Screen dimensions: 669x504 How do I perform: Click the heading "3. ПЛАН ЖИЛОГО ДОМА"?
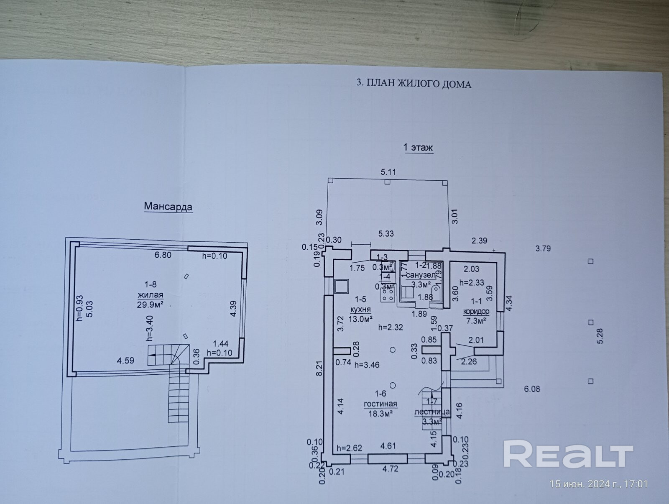[414, 84]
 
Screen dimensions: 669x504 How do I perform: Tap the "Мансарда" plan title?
[168, 206]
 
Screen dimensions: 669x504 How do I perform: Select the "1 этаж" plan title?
[418, 147]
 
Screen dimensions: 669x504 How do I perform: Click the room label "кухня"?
[360, 310]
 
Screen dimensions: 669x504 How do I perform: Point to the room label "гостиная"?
[380, 404]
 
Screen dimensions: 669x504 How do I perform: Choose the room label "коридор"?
[476, 312]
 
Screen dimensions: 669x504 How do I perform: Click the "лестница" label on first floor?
[432, 412]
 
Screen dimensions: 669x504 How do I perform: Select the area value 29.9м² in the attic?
[150, 304]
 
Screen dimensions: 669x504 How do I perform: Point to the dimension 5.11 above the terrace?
[388, 172]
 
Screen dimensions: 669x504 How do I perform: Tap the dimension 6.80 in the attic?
[163, 255]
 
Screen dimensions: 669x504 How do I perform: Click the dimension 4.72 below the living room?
[390, 468]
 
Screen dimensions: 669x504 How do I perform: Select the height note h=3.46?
[367, 365]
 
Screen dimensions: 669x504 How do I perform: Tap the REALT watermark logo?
[568, 454]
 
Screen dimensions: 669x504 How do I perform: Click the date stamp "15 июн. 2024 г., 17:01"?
[598, 484]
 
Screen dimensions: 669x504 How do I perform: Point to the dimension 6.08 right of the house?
[532, 389]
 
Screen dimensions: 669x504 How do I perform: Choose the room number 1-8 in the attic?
[151, 285]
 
